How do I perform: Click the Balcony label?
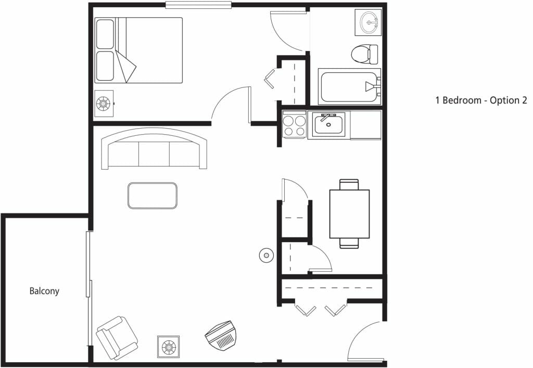click(44, 291)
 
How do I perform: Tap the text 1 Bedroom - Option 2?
click(481, 100)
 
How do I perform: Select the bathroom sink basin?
click(368, 22)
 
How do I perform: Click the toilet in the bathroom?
click(364, 54)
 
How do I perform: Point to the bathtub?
click(349, 86)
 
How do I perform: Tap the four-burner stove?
click(295, 125)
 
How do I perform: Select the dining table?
click(349, 214)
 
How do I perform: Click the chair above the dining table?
click(349, 184)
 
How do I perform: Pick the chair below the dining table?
click(349, 243)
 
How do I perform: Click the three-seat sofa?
click(154, 148)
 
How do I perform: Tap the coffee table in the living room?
click(153, 196)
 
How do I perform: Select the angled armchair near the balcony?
click(117, 338)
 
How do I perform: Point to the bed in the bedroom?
click(138, 50)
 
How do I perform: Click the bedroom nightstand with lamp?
click(104, 104)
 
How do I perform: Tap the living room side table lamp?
click(169, 347)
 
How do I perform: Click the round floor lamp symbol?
click(266, 255)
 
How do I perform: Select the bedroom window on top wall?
click(198, 5)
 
